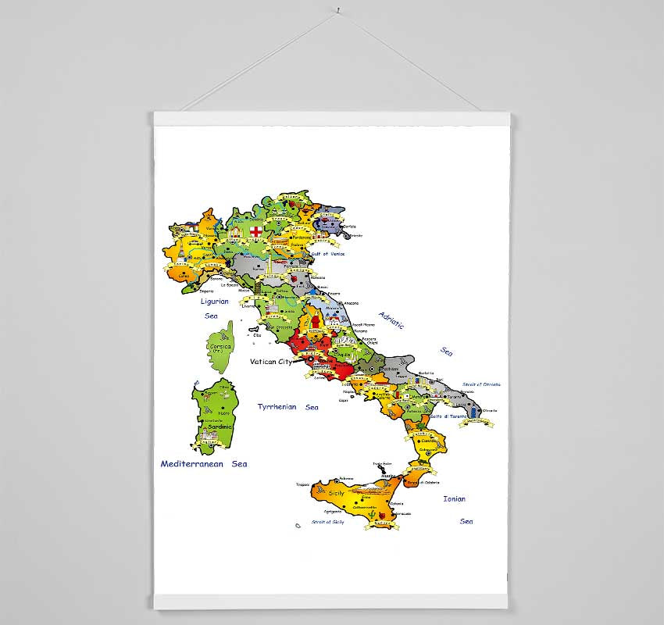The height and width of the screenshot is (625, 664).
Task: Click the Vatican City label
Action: click(x=270, y=362)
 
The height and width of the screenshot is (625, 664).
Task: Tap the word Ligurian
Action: click(x=215, y=301)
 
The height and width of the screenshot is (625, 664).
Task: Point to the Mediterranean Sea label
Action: click(x=204, y=463)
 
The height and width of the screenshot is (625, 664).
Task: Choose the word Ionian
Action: click(x=454, y=498)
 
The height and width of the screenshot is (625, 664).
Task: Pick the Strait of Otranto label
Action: click(x=481, y=384)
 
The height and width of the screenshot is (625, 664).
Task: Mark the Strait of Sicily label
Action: click(x=327, y=521)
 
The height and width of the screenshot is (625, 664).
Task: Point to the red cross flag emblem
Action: click(x=255, y=230)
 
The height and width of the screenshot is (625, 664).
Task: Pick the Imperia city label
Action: click(x=205, y=291)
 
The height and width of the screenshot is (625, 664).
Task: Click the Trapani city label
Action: click(x=303, y=484)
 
